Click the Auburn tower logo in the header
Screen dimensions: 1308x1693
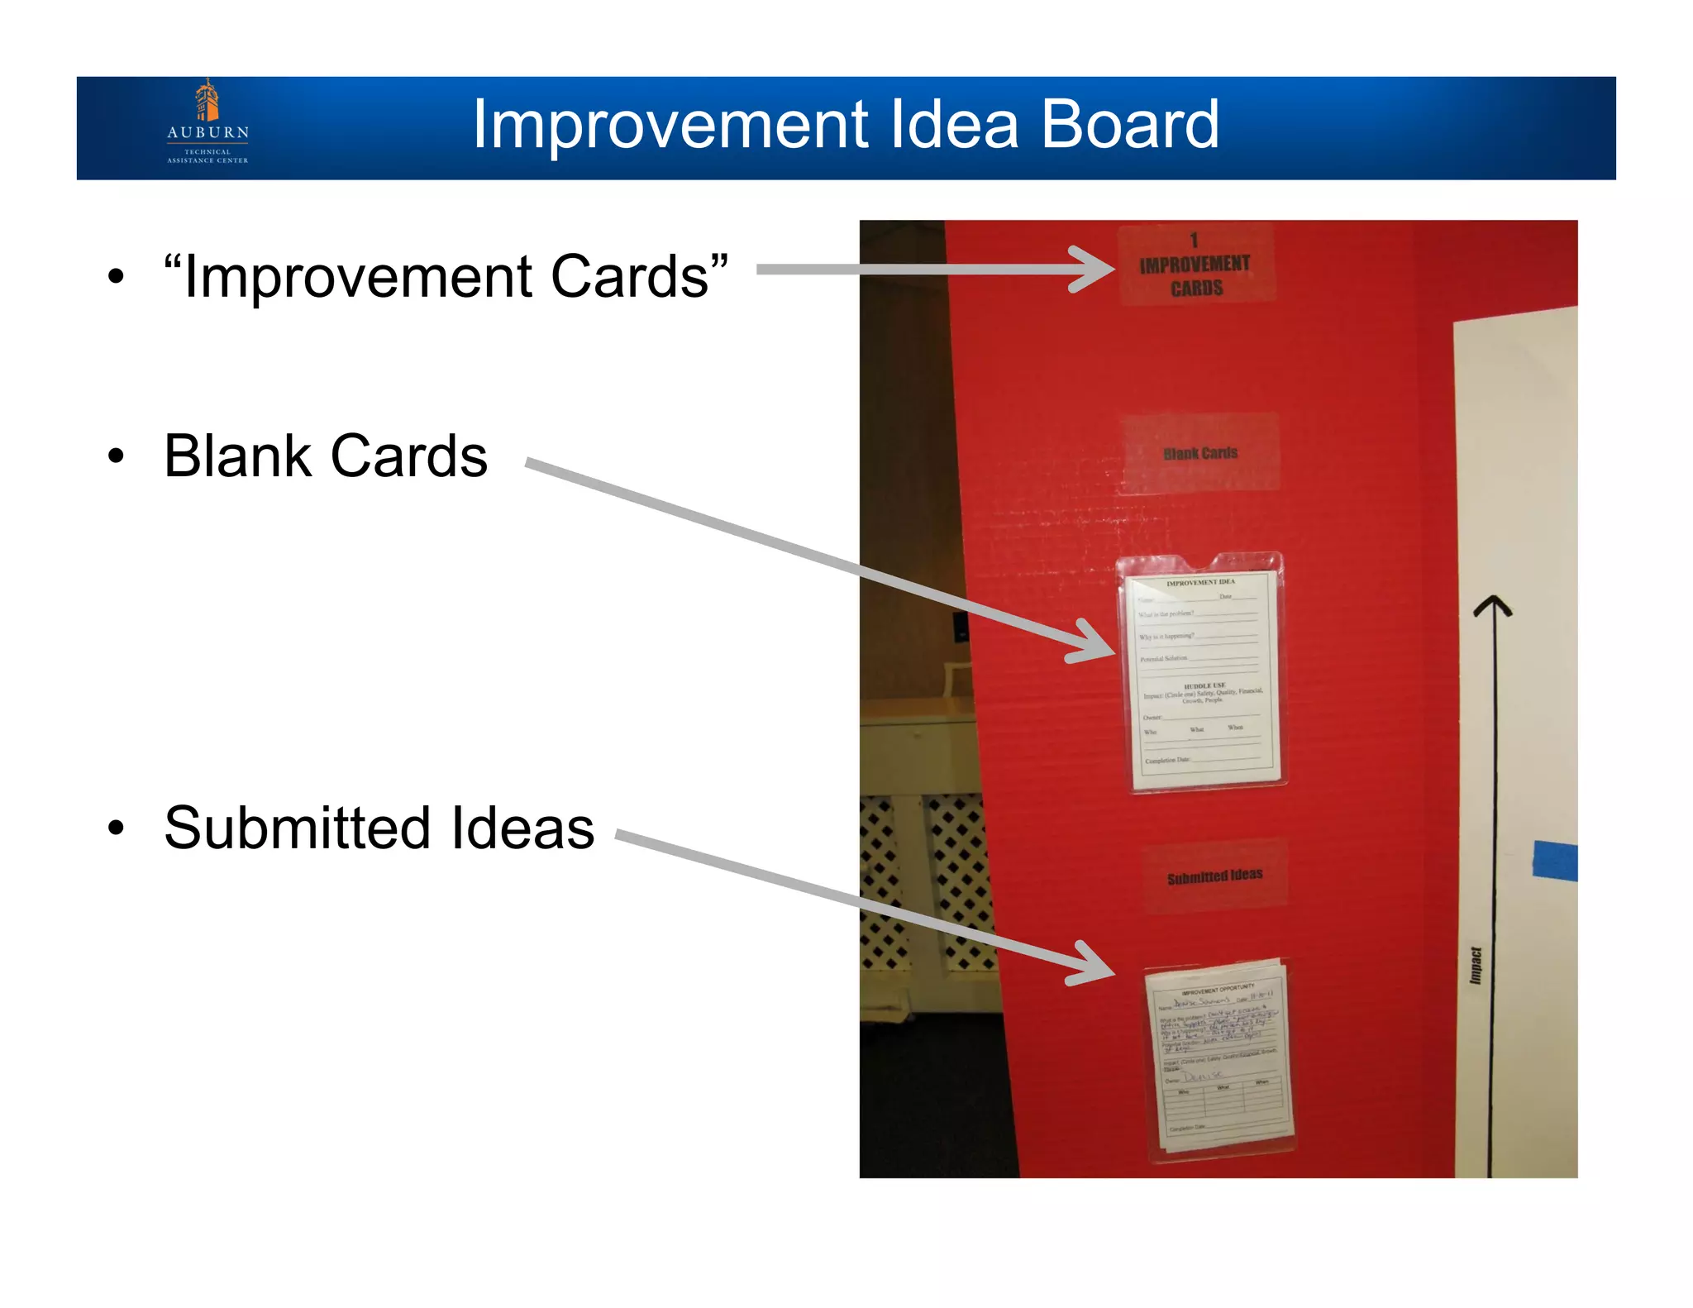pos(207,101)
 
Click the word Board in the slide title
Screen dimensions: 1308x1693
pos(1129,125)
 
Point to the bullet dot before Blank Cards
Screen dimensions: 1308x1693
pos(117,456)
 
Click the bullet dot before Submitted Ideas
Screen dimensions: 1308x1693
pos(117,828)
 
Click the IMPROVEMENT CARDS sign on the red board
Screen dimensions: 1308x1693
pos(1195,265)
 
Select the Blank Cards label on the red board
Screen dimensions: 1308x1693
pos(1200,453)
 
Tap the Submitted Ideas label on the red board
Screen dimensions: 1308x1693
pos(1214,876)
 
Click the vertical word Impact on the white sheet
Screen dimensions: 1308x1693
pos(1476,966)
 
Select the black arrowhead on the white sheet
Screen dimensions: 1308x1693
pos(1492,608)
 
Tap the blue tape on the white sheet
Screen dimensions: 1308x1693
pos(1555,862)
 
